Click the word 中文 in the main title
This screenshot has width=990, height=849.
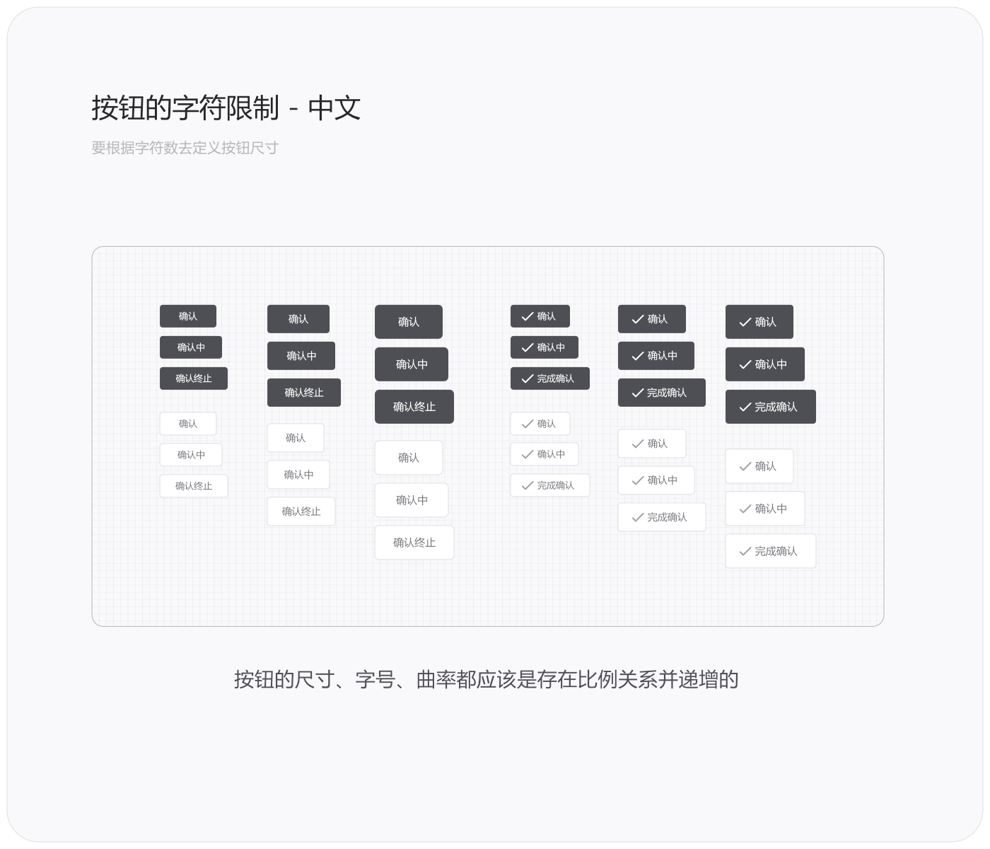point(334,108)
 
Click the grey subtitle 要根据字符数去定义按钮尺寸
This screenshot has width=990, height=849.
point(185,148)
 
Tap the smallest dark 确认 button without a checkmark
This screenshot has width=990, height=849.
point(188,316)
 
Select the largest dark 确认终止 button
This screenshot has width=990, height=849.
point(414,407)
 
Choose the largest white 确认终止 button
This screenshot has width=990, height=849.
point(414,543)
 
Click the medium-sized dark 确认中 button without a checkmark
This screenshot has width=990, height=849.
point(301,356)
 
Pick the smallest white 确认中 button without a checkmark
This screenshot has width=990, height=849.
point(191,455)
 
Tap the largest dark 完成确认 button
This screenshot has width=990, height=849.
point(770,407)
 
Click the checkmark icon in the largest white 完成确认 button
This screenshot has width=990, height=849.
point(745,552)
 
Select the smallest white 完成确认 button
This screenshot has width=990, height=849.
point(549,485)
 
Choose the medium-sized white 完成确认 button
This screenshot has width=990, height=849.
point(661,517)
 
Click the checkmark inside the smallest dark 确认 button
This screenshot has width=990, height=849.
point(527,316)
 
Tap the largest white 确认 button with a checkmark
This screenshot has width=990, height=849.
point(759,466)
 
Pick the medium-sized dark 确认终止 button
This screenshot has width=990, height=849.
point(304,393)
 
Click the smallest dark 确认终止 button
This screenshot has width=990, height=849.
point(194,379)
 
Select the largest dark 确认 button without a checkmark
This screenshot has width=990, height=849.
point(409,322)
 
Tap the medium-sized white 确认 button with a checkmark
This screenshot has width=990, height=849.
point(651,444)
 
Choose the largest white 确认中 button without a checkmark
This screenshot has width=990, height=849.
point(412,500)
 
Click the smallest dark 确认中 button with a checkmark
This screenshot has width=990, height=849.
point(544,347)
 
